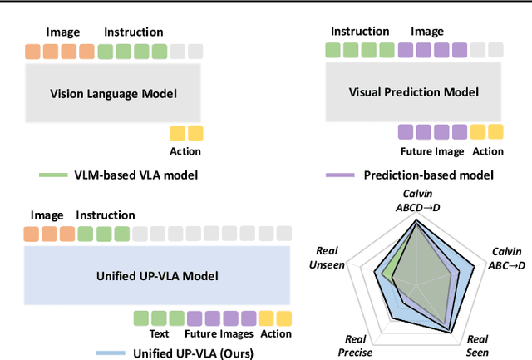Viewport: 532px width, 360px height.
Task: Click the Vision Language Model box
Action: [x=113, y=93]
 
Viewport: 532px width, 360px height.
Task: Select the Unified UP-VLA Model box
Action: [x=156, y=275]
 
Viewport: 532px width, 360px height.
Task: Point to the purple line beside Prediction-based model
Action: [x=339, y=175]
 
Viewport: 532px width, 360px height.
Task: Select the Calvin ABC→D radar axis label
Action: [x=506, y=259]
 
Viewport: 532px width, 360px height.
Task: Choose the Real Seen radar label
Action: [x=477, y=344]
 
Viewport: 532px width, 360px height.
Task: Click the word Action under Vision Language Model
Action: [x=185, y=151]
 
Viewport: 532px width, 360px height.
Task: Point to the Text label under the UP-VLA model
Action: [x=159, y=334]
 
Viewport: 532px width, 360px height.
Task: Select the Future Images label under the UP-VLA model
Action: [x=221, y=334]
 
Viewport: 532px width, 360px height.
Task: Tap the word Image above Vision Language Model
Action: [x=63, y=32]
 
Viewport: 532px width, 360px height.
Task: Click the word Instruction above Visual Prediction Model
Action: [x=360, y=32]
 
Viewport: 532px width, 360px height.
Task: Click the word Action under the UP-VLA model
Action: [x=276, y=334]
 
